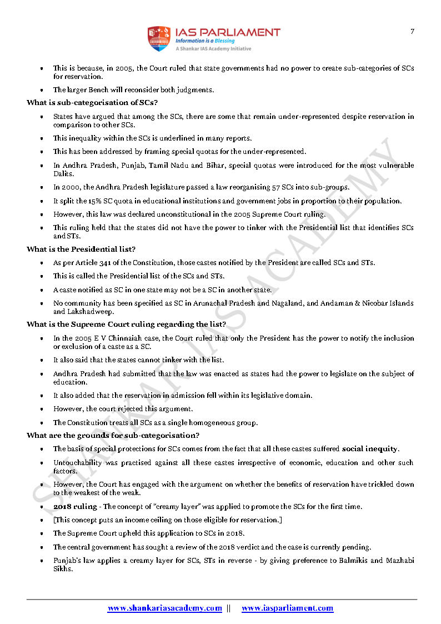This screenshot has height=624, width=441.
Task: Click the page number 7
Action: pyautogui.click(x=412, y=31)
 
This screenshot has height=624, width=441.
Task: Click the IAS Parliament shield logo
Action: pyautogui.click(x=158, y=38)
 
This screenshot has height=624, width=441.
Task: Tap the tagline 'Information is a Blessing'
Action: pyautogui.click(x=205, y=41)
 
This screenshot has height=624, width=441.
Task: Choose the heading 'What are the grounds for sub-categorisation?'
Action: pyautogui.click(x=113, y=435)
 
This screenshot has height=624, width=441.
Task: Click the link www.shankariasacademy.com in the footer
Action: pyautogui.click(x=164, y=608)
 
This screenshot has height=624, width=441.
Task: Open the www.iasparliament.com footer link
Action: pyautogui.click(x=288, y=608)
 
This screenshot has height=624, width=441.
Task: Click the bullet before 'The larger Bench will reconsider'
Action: pyautogui.click(x=42, y=90)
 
